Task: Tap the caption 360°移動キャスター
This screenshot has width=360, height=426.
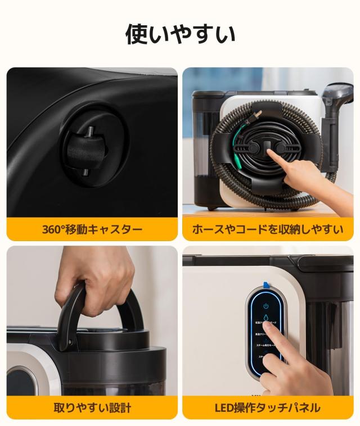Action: click(92, 229)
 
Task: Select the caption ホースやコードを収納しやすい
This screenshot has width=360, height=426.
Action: click(268, 229)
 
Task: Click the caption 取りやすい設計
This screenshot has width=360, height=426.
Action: click(92, 407)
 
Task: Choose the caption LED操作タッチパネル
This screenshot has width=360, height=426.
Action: click(268, 407)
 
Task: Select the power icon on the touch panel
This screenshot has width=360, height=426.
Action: click(266, 306)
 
